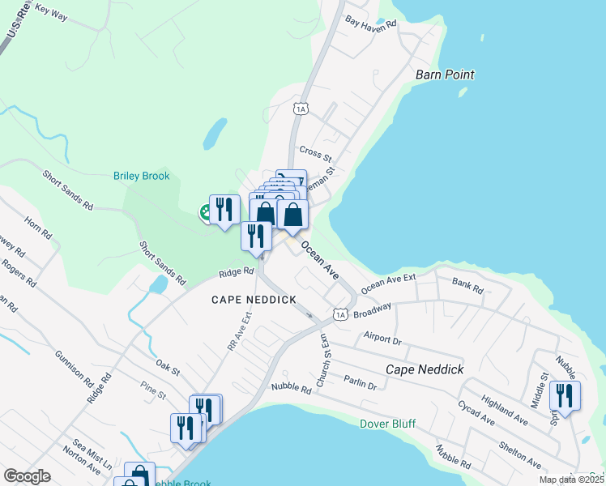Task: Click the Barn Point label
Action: pos(444,75)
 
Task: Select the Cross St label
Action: pos(316,151)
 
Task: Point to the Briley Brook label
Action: pos(141,176)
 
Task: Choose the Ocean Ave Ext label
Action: pos(388,283)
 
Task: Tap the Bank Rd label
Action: pos(467,286)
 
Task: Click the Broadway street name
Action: pos(373,309)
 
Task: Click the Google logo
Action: pos(28,476)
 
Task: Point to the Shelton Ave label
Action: pos(519,449)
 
